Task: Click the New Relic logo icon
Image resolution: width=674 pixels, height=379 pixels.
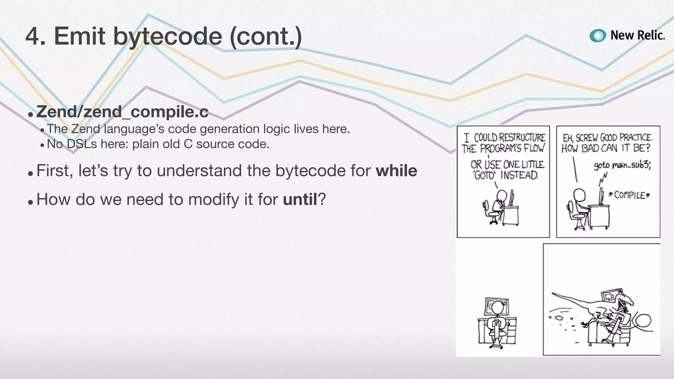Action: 598,36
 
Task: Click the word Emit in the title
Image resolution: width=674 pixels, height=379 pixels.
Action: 79,36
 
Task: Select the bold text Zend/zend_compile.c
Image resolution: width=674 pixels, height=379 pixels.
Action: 122,112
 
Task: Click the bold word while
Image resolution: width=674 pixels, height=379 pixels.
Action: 397,170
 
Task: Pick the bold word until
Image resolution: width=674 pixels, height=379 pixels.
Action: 300,199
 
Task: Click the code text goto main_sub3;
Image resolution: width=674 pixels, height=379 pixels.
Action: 622,165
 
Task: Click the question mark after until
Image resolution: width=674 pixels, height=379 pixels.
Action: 322,199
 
